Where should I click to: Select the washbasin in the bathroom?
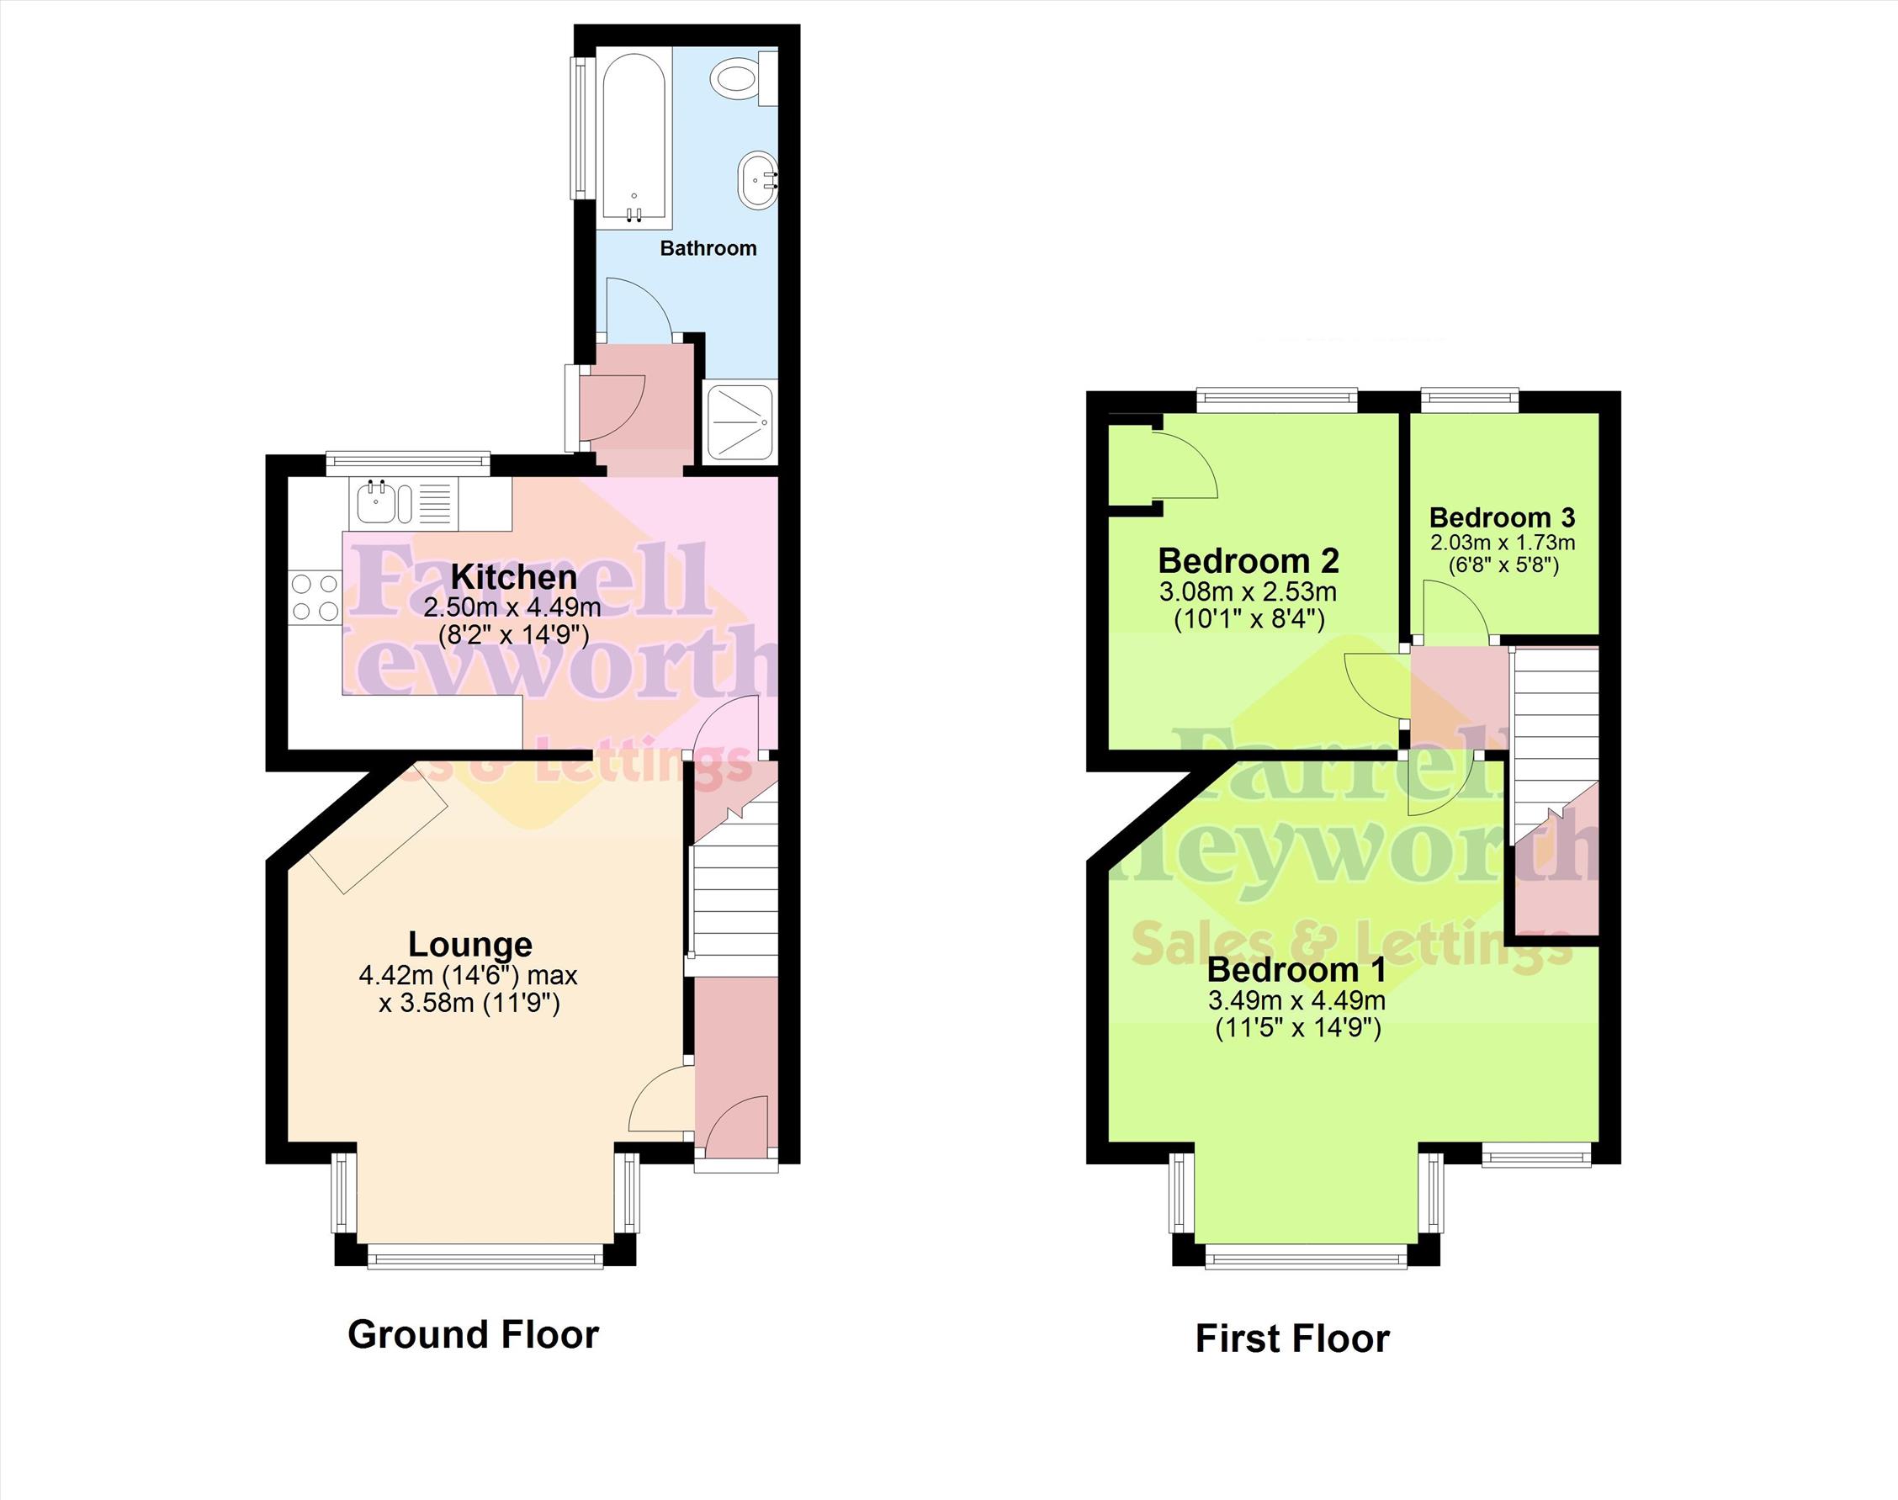[x=757, y=180]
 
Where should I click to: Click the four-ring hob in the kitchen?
[x=315, y=596]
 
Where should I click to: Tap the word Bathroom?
[x=708, y=248]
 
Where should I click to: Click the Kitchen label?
[x=514, y=577]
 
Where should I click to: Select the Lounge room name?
[x=470, y=944]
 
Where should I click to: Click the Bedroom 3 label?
[x=1502, y=517]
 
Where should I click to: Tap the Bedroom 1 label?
[x=1296, y=969]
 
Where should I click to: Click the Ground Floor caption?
[x=474, y=1334]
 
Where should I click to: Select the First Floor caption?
[x=1292, y=1339]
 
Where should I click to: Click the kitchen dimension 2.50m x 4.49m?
[x=512, y=607]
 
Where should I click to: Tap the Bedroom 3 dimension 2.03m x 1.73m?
[x=1503, y=543]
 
